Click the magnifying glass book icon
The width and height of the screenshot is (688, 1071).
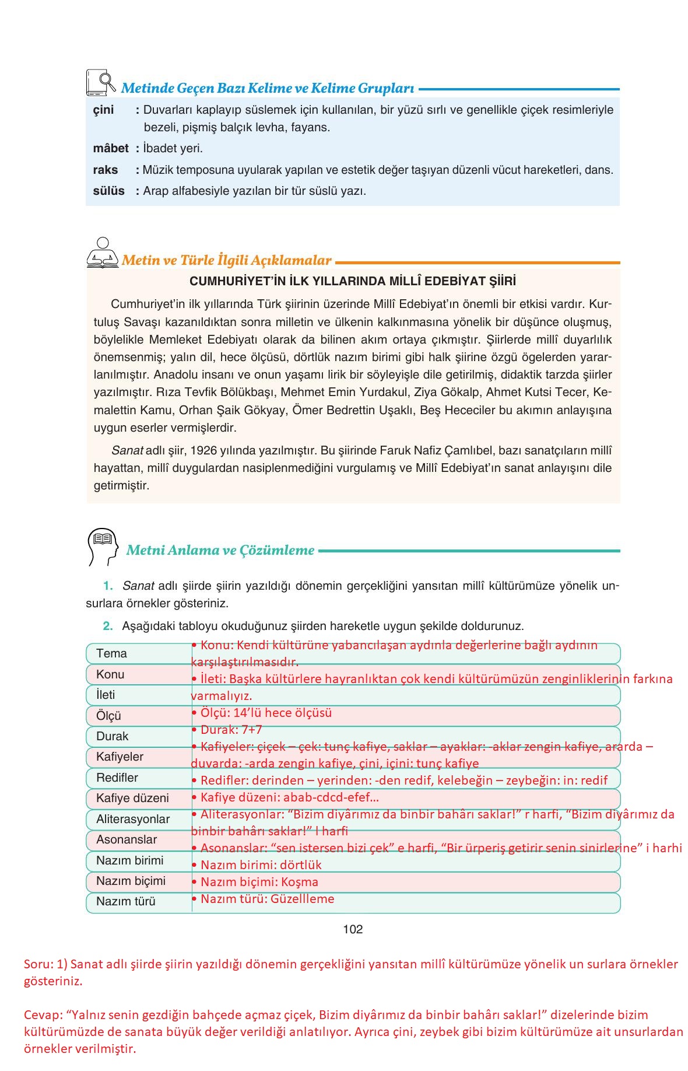point(101,83)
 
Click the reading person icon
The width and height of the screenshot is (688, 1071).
point(102,254)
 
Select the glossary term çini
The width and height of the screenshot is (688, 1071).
point(104,110)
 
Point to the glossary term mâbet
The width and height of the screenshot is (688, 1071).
point(110,148)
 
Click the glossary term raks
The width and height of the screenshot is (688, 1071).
point(106,170)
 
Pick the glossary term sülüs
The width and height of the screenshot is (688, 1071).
point(108,191)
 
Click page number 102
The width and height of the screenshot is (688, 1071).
point(353,929)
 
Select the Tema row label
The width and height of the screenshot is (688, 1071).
point(111,653)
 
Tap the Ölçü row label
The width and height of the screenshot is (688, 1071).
point(108,716)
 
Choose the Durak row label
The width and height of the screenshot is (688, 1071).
point(112,736)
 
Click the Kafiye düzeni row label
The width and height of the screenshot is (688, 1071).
point(132,798)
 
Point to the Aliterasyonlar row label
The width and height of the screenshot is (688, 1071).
point(132,819)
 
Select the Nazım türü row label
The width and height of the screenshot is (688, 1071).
point(125,901)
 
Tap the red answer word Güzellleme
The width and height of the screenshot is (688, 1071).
point(302,899)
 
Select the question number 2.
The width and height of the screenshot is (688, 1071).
point(107,626)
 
